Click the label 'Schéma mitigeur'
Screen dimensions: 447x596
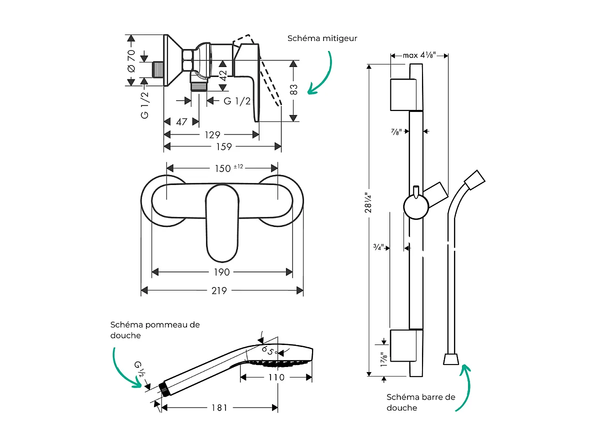(322, 38)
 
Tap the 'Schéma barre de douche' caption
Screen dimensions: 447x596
(420, 402)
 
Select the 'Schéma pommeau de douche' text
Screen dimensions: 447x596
(154, 329)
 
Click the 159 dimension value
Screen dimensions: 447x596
(223, 146)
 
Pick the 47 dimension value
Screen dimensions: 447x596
(181, 122)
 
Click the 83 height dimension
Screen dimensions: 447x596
(294, 89)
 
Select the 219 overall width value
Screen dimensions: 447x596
(219, 290)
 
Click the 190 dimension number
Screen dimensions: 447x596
(221, 272)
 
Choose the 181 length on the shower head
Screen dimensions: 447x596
(219, 408)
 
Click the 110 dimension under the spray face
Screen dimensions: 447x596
(275, 377)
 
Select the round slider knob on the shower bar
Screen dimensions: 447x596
(416, 207)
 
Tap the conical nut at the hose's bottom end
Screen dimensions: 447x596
(451, 359)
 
